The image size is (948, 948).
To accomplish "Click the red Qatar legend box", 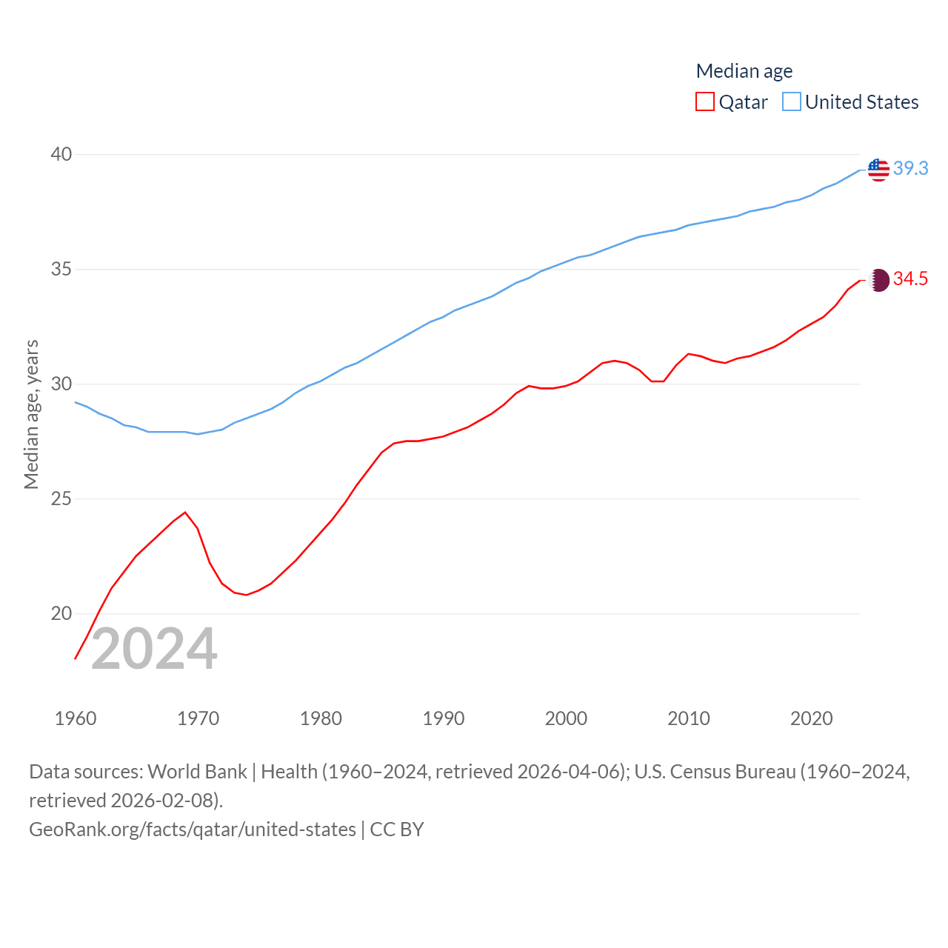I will coord(704,101).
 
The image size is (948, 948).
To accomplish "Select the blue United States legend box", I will coord(791,101).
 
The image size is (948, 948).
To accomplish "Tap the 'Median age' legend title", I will coord(744,71).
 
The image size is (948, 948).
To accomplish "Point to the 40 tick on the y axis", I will coord(61,154).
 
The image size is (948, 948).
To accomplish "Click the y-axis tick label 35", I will coord(61,269).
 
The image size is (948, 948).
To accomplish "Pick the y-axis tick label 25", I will coord(61,498).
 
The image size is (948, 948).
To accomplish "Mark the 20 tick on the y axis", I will coord(61,613).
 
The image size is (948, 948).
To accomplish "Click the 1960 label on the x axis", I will coord(76,718).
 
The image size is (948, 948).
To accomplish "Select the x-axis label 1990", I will coord(443,718).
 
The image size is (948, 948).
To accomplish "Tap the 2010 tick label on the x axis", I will coord(688,718).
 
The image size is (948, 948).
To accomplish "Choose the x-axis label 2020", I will coord(811,718).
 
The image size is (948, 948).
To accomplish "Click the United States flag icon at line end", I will coord(878,170).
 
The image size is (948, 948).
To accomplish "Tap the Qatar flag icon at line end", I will coord(878,280).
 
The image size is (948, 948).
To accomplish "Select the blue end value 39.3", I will coord(910,169).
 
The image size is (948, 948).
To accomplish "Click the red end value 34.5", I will coord(910,279).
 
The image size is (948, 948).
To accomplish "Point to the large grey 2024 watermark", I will coord(154,650).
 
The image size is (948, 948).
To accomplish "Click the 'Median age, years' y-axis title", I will coord(31,414).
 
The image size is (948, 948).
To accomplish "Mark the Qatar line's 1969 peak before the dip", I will coord(185,512).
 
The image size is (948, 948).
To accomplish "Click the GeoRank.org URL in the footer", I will coord(192,829).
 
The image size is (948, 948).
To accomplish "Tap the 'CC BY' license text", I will coord(397,829).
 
